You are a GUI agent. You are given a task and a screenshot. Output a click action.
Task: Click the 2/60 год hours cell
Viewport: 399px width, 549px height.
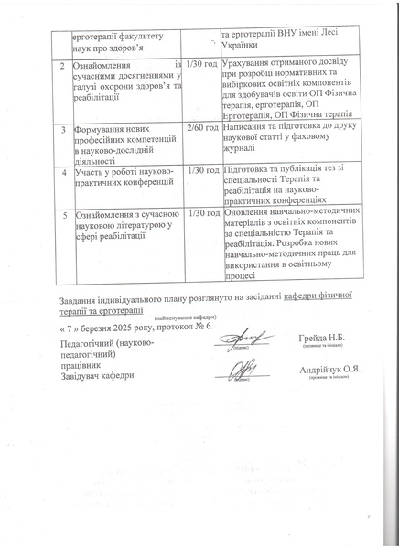tap(200, 128)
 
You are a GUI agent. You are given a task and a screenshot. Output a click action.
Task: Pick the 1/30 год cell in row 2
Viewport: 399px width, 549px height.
tap(200, 65)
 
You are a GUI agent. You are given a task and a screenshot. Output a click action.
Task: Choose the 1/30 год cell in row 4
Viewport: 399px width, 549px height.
tap(200, 170)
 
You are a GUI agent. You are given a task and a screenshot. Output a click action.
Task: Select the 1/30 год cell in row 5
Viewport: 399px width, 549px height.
tap(200, 212)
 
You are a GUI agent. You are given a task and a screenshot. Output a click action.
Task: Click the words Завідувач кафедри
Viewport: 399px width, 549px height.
tap(92, 374)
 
